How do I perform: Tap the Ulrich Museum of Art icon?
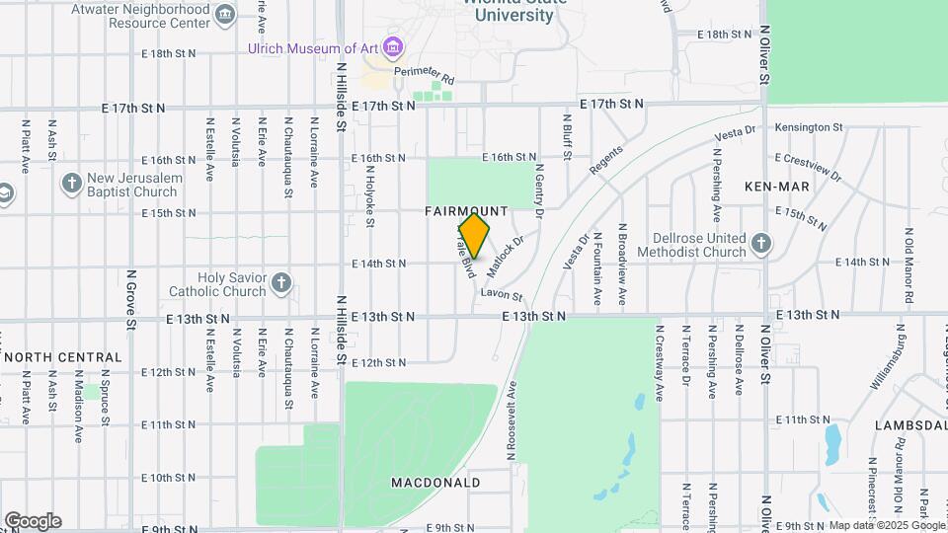pos(394,46)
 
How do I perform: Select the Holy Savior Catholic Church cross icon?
pos(281,284)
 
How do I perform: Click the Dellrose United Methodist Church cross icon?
pos(760,244)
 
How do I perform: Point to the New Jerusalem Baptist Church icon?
pos(71,184)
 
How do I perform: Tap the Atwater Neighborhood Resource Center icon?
pos(225,13)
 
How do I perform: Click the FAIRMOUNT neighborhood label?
pos(466,211)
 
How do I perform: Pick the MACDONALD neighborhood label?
pos(435,483)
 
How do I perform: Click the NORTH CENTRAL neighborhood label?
pos(63,357)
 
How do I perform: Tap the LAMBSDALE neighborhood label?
pos(909,425)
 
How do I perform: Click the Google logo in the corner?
pos(33,521)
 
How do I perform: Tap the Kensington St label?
pos(808,127)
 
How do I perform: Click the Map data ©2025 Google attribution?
pos(886,525)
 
